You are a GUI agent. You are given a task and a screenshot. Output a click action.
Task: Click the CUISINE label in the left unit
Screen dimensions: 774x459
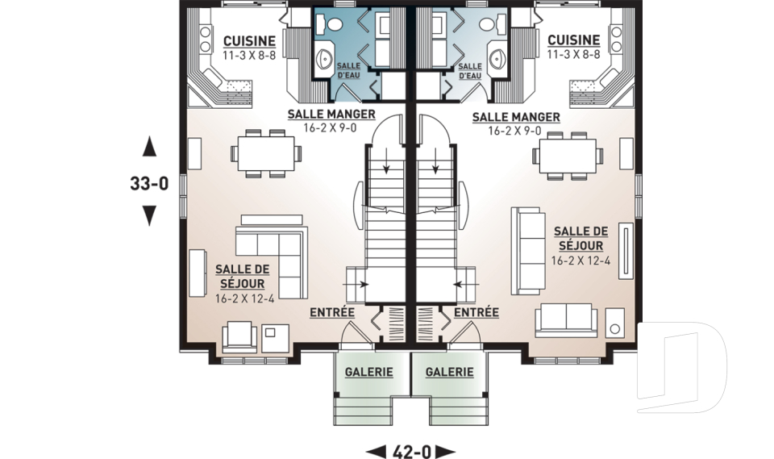pos(249,41)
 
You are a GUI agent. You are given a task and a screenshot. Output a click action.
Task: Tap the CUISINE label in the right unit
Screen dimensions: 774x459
pos(573,40)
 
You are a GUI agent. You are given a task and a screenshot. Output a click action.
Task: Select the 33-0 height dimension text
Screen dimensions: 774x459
pos(149,184)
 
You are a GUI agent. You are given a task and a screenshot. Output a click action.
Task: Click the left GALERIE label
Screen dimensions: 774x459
pos(368,372)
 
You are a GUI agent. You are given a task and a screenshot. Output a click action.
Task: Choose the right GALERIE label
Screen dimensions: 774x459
pos(449,372)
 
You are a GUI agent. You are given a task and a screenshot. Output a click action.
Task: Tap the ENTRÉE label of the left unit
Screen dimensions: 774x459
pos(332,312)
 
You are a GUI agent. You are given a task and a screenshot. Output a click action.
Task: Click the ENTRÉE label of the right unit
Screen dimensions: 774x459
pos(476,312)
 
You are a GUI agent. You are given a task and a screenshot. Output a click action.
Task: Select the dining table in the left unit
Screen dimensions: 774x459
pos(266,153)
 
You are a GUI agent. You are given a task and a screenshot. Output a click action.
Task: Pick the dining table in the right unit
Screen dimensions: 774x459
pos(568,156)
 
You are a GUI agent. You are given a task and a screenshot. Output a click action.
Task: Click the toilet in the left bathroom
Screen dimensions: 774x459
pos(331,23)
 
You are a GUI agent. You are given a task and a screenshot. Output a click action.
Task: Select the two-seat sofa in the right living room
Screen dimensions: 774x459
pos(566,320)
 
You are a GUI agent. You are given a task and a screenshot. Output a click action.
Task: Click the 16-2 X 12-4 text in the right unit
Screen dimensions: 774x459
pos(580,261)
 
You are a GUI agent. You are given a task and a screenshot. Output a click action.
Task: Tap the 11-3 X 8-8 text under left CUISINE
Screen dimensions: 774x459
pos(249,56)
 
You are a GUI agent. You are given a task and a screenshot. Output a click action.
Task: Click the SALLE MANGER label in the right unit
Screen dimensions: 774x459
pos(516,118)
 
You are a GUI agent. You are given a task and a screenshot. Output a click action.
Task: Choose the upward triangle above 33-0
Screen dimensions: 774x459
pos(149,147)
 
